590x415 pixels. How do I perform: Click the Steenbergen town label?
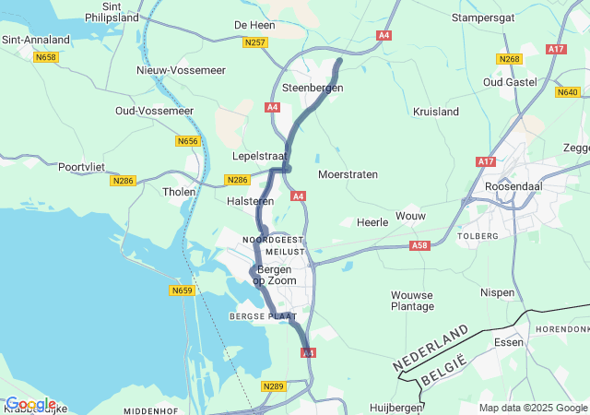(x=313, y=88)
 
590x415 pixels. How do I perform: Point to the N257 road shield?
(x=255, y=42)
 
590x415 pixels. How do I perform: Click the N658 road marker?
(x=44, y=57)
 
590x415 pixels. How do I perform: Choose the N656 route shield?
(x=187, y=141)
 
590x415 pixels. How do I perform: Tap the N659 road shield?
(x=182, y=290)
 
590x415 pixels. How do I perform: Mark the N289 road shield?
(x=272, y=386)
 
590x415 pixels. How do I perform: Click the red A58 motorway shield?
(x=420, y=245)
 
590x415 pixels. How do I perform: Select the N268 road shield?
(x=509, y=59)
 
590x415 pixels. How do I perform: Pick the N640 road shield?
(x=567, y=91)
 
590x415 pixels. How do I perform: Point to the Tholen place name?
(x=179, y=192)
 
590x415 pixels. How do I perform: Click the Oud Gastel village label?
(x=512, y=81)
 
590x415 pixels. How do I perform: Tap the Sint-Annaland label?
(x=36, y=40)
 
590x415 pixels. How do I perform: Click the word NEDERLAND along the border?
(x=431, y=348)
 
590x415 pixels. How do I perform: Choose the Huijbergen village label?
(x=395, y=406)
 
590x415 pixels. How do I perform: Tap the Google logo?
(x=30, y=404)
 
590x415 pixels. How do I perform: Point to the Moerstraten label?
(x=348, y=173)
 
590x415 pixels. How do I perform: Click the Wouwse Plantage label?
(x=412, y=300)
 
